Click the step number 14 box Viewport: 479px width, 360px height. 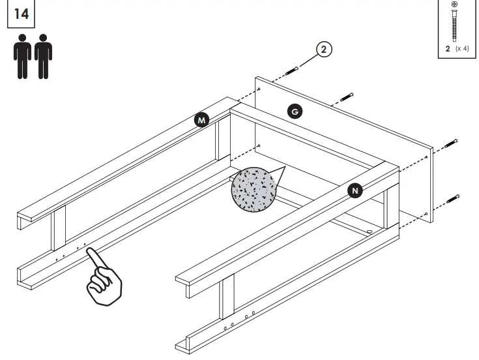(21, 14)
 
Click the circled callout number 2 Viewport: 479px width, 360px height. (324, 50)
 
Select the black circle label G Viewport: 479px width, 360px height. (295, 112)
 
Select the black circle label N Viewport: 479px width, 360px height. (355, 190)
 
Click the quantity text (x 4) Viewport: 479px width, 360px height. (462, 49)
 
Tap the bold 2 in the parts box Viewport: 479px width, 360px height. (448, 49)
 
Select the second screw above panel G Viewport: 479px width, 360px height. (345, 98)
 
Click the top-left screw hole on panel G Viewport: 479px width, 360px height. (260, 89)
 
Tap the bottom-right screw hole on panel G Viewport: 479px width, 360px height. (426, 214)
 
